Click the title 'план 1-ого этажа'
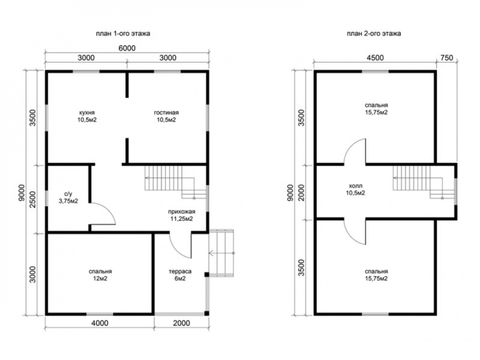tap(123, 34)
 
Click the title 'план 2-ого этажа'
tap(374, 34)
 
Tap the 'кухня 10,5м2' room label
tap(86, 116)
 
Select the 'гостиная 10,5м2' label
tap(166, 116)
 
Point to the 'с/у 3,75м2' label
tap(68, 197)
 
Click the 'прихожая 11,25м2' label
tap(181, 215)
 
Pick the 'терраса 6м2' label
tap(180, 275)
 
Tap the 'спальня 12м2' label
tap(100, 275)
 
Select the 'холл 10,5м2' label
tap(355, 190)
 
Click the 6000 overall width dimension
tap(127, 48)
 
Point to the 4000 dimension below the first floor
tap(100, 323)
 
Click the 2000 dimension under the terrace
tap(181, 323)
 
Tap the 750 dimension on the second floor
tap(447, 58)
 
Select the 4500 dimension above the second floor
tap(375, 58)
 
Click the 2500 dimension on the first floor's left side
tap(33, 199)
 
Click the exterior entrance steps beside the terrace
tap(221, 253)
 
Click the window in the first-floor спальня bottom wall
tap(100, 314)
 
